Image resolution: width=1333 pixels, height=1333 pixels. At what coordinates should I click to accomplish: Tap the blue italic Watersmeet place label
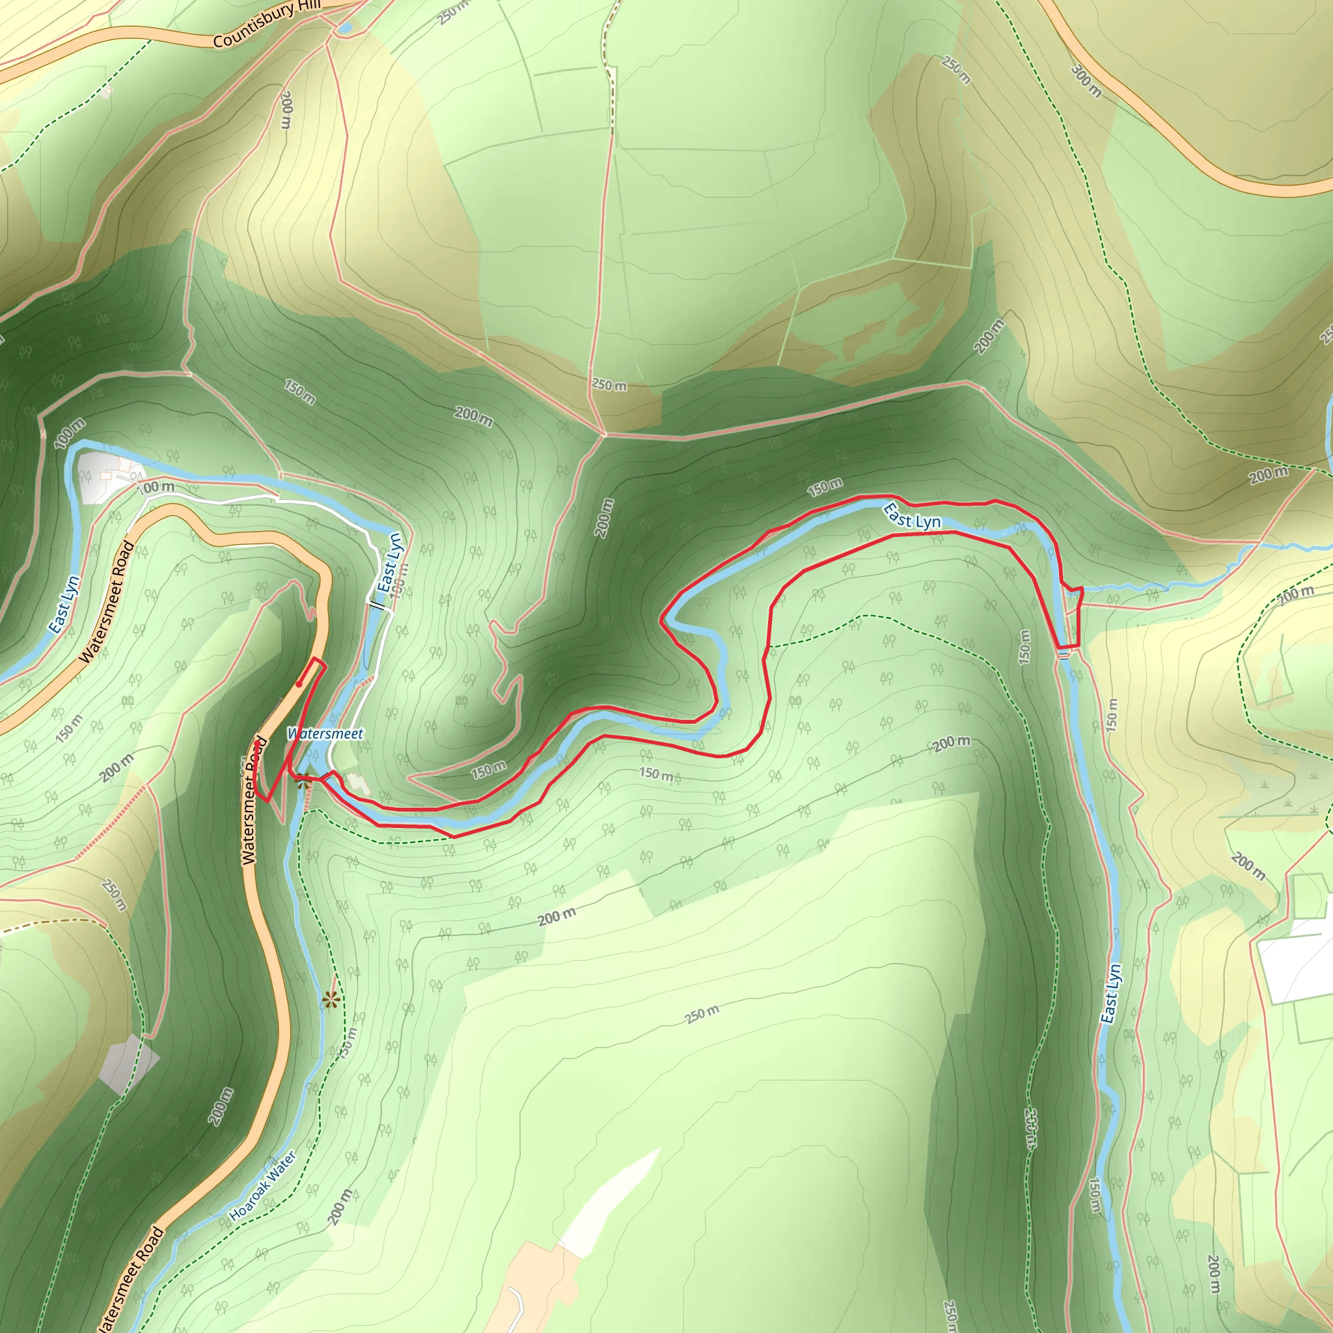[x=325, y=734]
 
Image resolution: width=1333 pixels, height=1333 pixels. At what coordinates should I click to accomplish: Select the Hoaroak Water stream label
[x=263, y=1185]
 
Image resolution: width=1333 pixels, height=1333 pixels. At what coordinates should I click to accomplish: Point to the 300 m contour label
[x=1086, y=81]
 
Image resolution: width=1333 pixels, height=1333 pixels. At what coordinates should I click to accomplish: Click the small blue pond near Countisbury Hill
[x=345, y=27]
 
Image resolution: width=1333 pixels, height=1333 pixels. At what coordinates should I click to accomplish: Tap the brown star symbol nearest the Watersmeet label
[x=302, y=783]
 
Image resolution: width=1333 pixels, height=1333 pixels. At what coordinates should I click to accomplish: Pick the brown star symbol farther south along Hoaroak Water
[x=331, y=1000]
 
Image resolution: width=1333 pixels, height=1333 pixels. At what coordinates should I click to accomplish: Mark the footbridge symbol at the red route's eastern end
[x=1064, y=654]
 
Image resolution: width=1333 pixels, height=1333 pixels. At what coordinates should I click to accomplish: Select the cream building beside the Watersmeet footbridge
[x=357, y=783]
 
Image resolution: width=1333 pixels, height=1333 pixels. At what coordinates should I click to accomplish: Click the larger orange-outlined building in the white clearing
[x=107, y=476]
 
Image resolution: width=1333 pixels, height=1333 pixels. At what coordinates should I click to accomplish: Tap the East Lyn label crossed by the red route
[x=912, y=517]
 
